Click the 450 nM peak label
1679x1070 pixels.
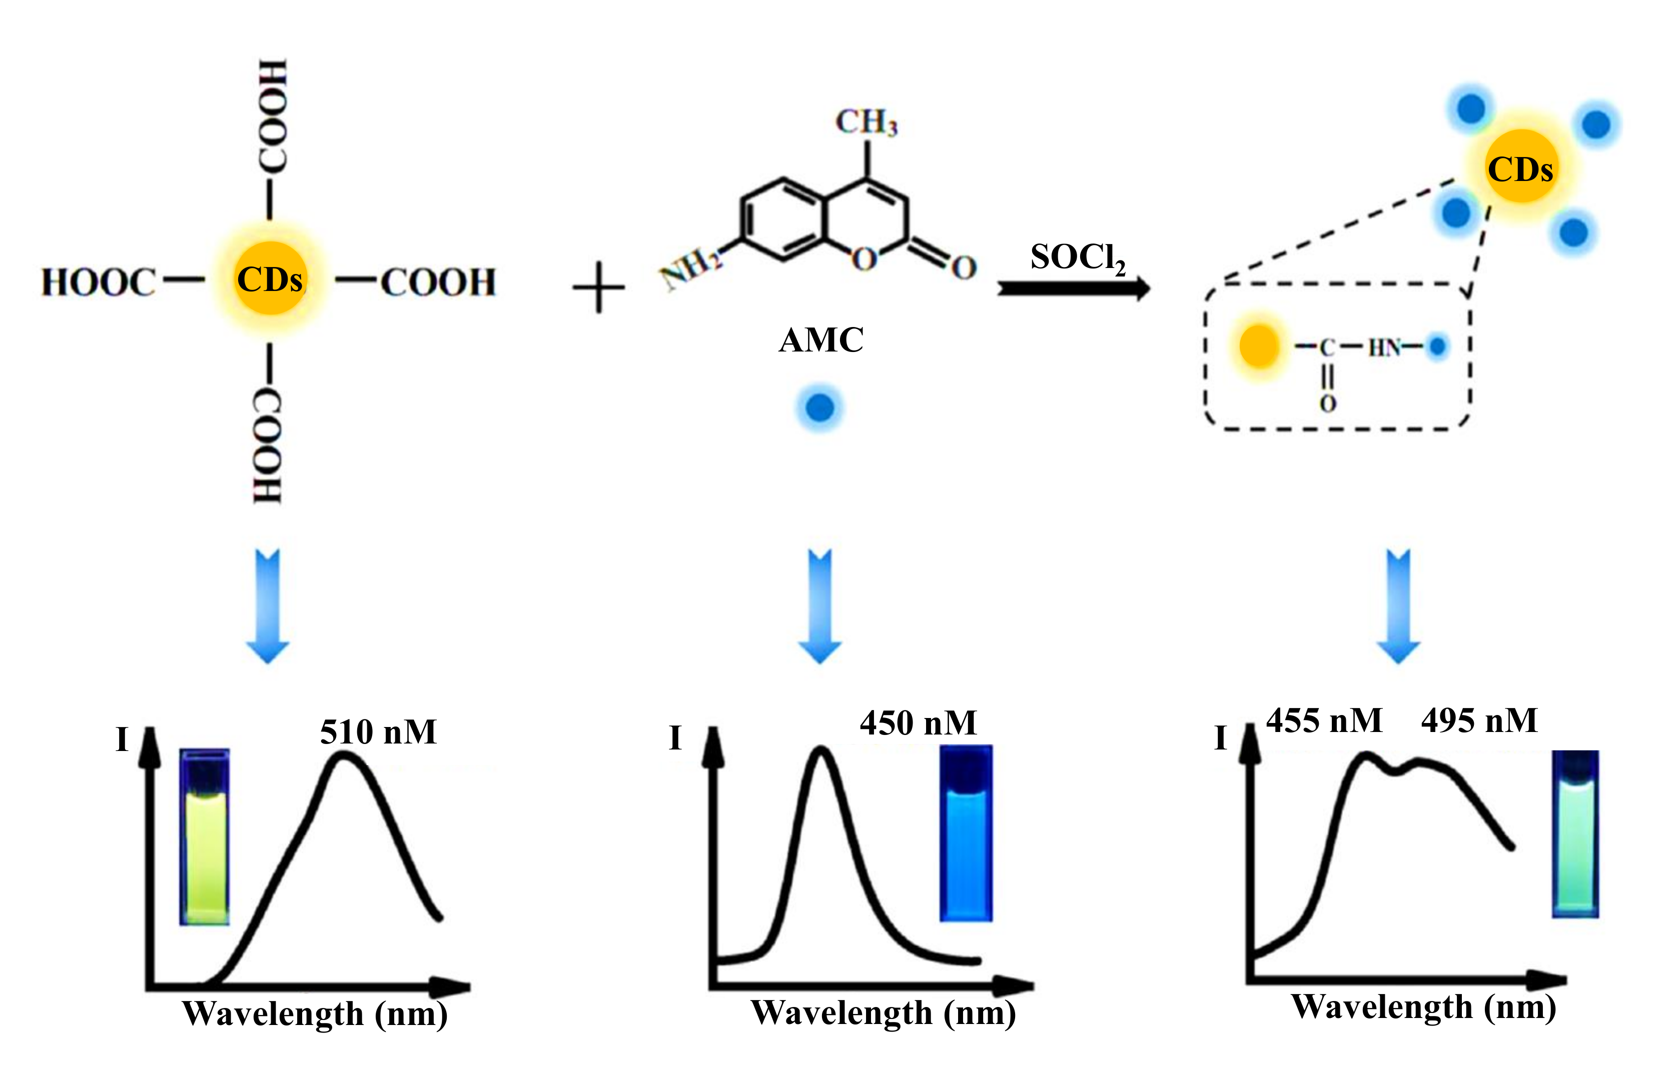coord(918,723)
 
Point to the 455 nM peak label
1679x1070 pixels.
coord(1323,721)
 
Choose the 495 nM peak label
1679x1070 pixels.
coord(1479,721)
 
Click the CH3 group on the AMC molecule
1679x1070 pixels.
coord(866,122)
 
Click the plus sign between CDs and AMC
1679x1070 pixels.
coord(598,287)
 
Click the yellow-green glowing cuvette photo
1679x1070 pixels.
coord(204,837)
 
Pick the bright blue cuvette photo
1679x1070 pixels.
coord(966,833)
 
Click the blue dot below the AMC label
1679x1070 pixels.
coord(819,407)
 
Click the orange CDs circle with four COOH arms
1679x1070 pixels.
coord(271,279)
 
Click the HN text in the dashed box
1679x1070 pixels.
coord(1383,347)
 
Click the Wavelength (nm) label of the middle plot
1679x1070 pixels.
coord(883,1013)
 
